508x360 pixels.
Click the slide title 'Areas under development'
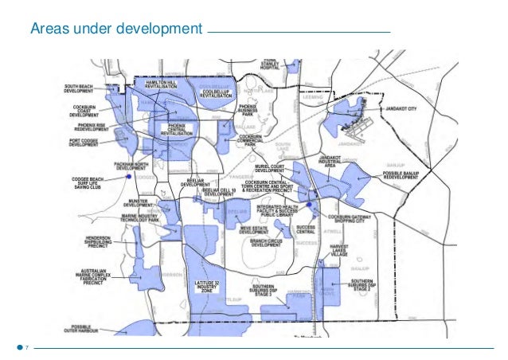(x=116, y=30)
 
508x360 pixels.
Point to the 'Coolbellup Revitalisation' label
(x=215, y=93)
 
